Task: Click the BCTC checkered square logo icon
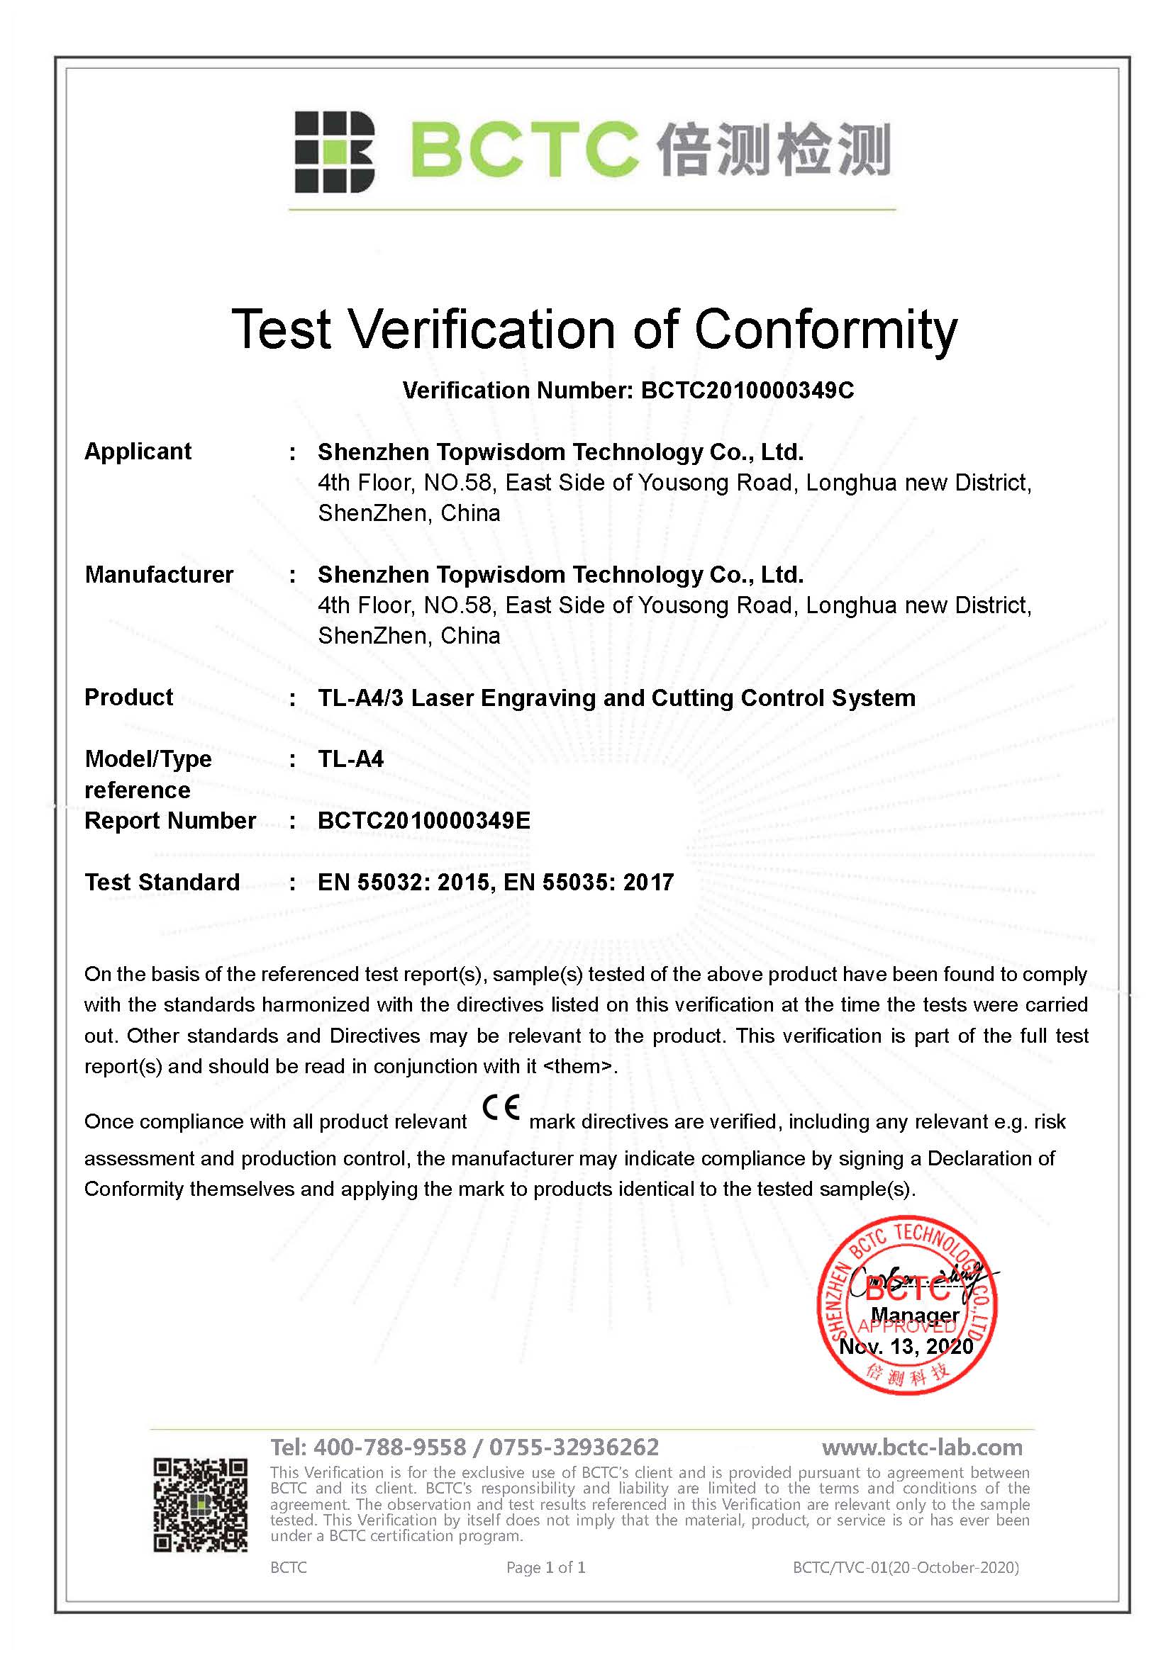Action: pyautogui.click(x=335, y=152)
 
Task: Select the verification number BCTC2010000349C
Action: pyautogui.click(x=747, y=391)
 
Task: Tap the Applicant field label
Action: pyautogui.click(x=138, y=452)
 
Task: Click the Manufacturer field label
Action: pyautogui.click(x=159, y=574)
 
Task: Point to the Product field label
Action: pyautogui.click(x=128, y=697)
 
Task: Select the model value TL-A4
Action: pyautogui.click(x=351, y=759)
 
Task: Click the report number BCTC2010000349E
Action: pyautogui.click(x=424, y=820)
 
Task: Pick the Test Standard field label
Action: pyautogui.click(x=162, y=882)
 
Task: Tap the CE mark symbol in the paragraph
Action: pyautogui.click(x=501, y=1107)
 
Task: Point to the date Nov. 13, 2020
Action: pyautogui.click(x=906, y=1346)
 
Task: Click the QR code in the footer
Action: pyautogui.click(x=200, y=1506)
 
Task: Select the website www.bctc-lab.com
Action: pyautogui.click(x=923, y=1447)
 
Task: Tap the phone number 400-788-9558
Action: pyautogui.click(x=390, y=1447)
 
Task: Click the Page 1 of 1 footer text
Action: pyautogui.click(x=545, y=1568)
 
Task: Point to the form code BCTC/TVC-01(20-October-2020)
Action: pyautogui.click(x=906, y=1568)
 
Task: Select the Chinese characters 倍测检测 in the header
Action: pyautogui.click(x=773, y=150)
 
